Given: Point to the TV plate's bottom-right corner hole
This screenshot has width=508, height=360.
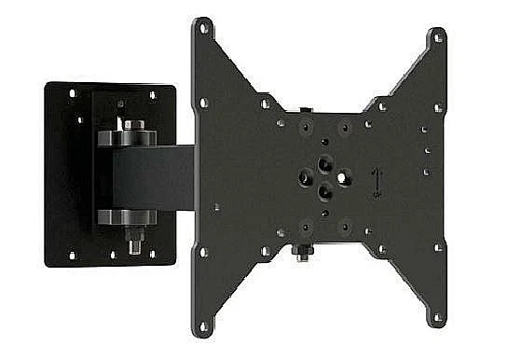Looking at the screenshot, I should pos(434,321).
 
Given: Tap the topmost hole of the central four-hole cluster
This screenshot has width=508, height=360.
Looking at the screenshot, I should pos(324,162).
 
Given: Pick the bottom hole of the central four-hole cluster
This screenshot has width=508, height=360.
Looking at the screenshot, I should pos(323,190).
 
